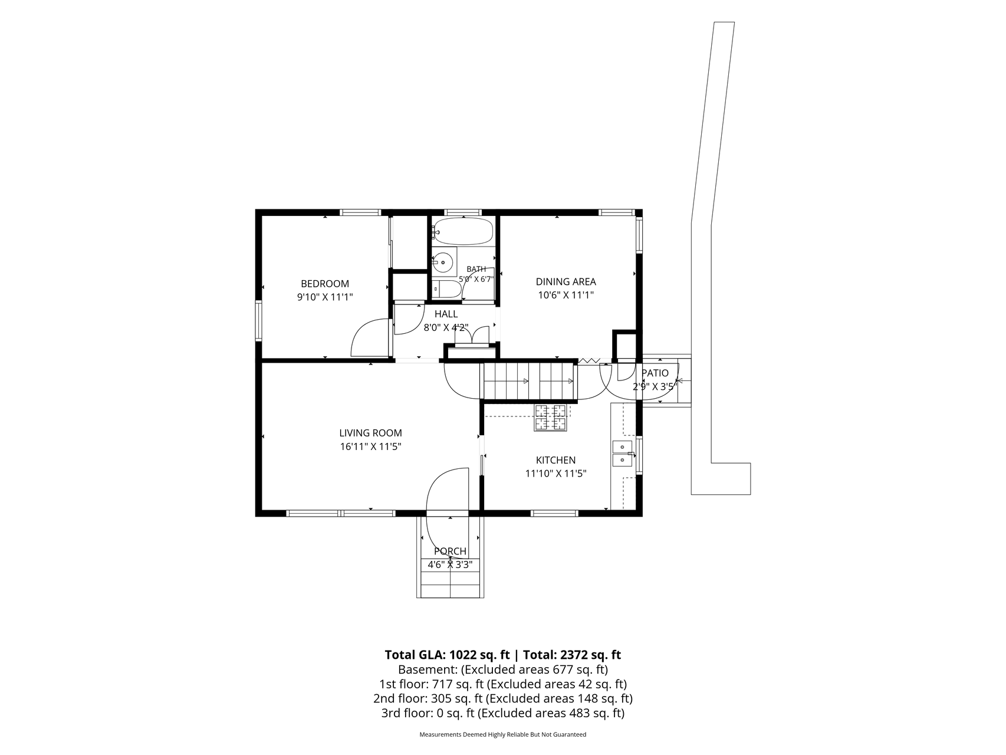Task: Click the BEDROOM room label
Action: click(x=325, y=284)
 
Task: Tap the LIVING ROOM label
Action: click(x=370, y=433)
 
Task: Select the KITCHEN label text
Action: click(x=555, y=460)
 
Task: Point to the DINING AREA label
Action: click(x=566, y=282)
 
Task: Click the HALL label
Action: click(x=446, y=314)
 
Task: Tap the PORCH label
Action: click(x=450, y=552)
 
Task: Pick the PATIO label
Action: click(x=655, y=373)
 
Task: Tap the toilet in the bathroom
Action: click(x=446, y=289)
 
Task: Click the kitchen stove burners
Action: click(x=550, y=417)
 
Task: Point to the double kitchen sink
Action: click(x=622, y=453)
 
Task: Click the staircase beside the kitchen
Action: click(x=529, y=381)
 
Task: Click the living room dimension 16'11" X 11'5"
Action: click(x=370, y=447)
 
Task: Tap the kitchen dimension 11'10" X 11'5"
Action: click(x=555, y=473)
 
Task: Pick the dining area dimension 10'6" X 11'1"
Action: click(x=566, y=295)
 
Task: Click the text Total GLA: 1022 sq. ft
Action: click(x=447, y=655)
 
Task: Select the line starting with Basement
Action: click(x=503, y=669)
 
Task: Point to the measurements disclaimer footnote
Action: click(x=503, y=735)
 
